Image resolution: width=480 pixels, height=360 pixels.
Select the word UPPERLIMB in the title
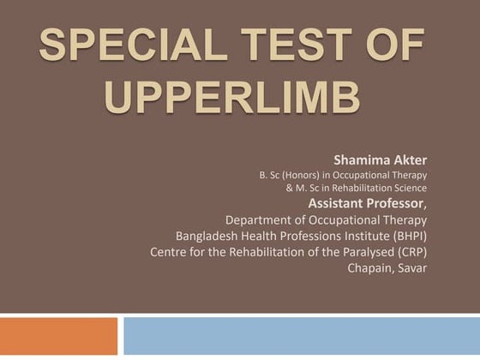(231, 99)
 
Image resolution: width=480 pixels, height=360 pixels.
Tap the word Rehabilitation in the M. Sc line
(369, 188)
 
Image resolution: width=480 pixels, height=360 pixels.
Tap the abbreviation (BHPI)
(406, 236)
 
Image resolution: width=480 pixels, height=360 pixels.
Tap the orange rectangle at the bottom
(58, 336)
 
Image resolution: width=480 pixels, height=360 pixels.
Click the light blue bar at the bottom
(301, 336)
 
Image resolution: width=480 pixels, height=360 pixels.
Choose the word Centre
(171, 252)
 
